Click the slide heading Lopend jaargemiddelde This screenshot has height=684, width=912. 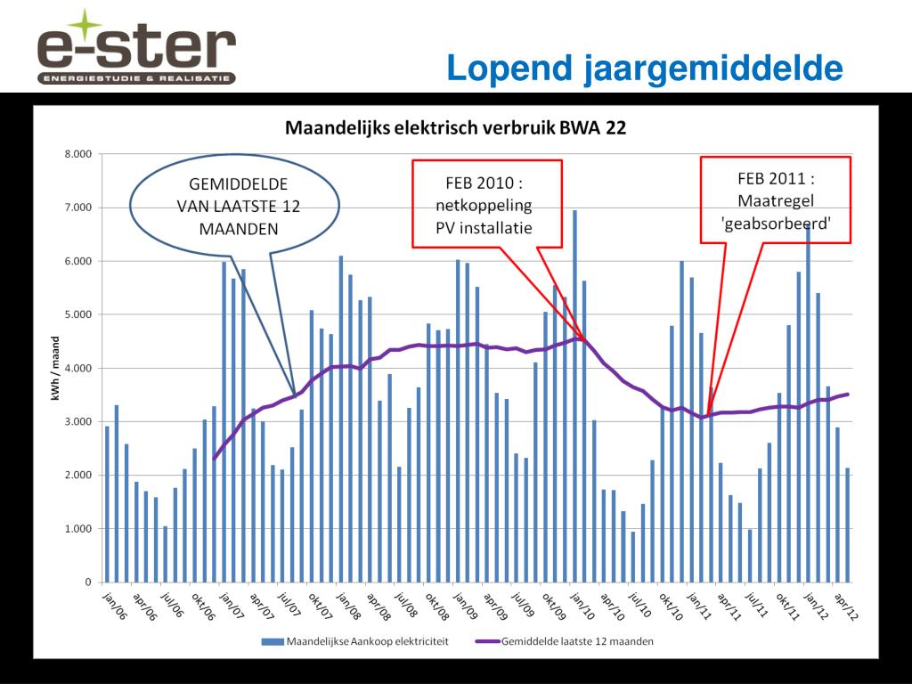pyautogui.click(x=644, y=68)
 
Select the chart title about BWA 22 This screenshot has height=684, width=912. pyautogui.click(x=455, y=127)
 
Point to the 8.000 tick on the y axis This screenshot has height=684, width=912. pyautogui.click(x=77, y=154)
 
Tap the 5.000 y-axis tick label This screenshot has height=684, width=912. pyautogui.click(x=77, y=314)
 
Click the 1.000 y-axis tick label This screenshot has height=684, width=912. pyautogui.click(x=77, y=529)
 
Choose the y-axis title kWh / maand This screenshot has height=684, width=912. pyautogui.click(x=55, y=367)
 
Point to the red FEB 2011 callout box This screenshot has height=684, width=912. pyautogui.click(x=775, y=201)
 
